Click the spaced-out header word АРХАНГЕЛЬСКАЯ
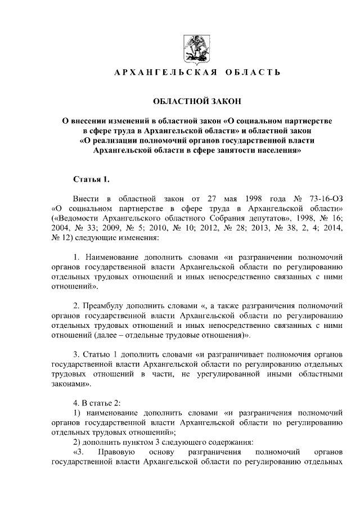coord(159,74)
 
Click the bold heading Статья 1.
coord(92,179)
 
